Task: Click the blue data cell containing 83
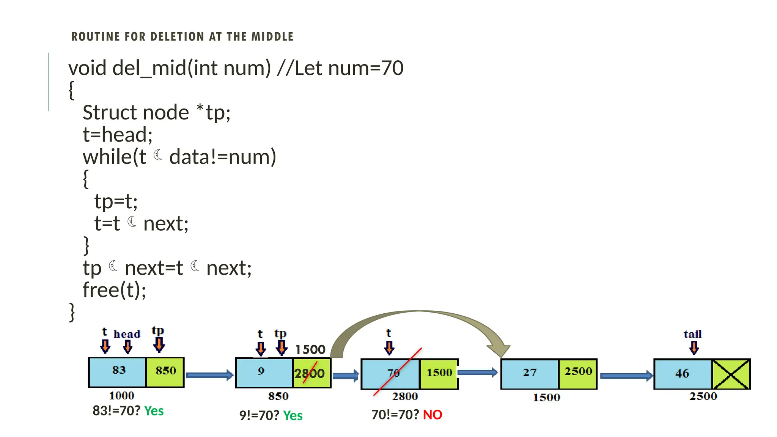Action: pyautogui.click(x=118, y=372)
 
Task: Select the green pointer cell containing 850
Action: pyautogui.click(x=165, y=372)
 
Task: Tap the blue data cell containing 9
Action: pyautogui.click(x=264, y=373)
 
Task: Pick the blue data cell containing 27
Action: pyautogui.click(x=530, y=374)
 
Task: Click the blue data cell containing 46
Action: pyautogui.click(x=683, y=374)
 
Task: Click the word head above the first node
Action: pyautogui.click(x=127, y=334)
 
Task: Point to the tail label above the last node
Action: pyautogui.click(x=693, y=334)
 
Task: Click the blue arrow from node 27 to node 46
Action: pyautogui.click(x=626, y=376)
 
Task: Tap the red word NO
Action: pyautogui.click(x=433, y=415)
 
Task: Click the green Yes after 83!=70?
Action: pyautogui.click(x=154, y=411)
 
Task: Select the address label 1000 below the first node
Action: pyautogui.click(x=121, y=396)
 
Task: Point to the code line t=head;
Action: pyautogui.click(x=118, y=135)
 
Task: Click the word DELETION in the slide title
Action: pyautogui.click(x=177, y=37)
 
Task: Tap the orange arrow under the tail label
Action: pyautogui.click(x=694, y=347)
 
